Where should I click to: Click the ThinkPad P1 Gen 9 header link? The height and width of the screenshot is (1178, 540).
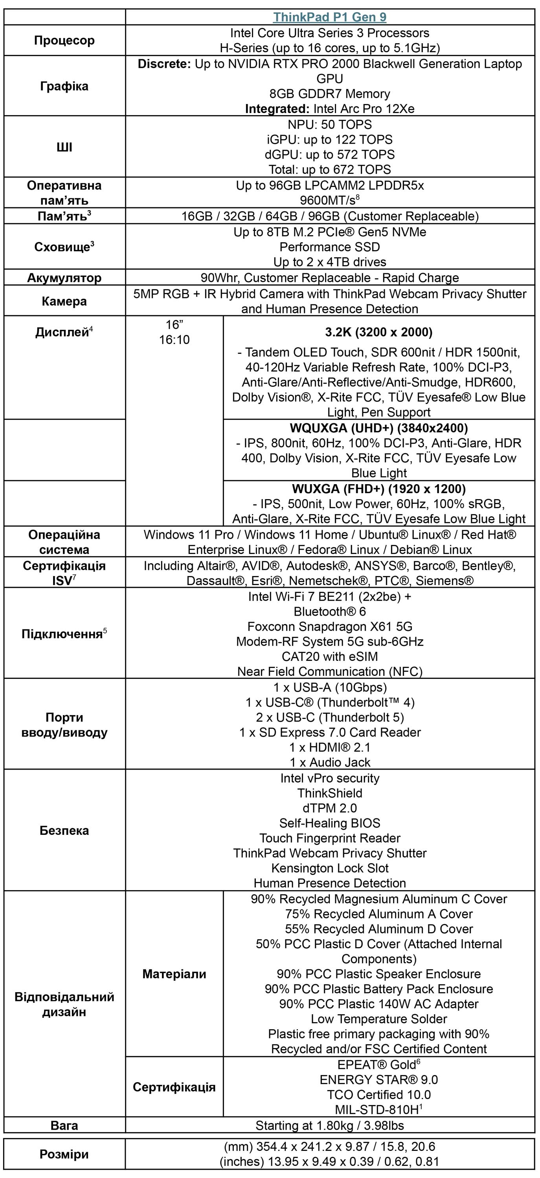pyautogui.click(x=329, y=17)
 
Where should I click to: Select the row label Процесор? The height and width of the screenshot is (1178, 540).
pyautogui.click(x=64, y=40)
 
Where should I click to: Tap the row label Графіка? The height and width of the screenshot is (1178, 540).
pyautogui.click(x=64, y=86)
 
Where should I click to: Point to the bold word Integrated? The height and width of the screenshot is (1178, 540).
pyautogui.click(x=277, y=108)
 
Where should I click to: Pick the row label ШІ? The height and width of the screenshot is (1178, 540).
pyautogui.click(x=64, y=147)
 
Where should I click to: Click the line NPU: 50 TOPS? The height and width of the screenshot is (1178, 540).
pyautogui.click(x=329, y=124)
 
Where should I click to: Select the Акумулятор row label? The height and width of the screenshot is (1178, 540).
pyautogui.click(x=64, y=278)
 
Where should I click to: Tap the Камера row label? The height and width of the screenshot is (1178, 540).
pyautogui.click(x=64, y=301)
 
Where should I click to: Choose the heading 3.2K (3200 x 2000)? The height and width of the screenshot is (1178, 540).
pyautogui.click(x=378, y=332)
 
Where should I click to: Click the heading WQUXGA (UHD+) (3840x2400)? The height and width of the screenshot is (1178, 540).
pyautogui.click(x=378, y=428)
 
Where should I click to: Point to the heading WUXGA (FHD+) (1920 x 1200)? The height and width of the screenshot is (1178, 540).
pyautogui.click(x=378, y=489)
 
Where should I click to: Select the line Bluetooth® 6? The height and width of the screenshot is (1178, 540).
pyautogui.click(x=329, y=611)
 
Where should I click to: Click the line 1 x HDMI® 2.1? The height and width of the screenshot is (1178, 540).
pyautogui.click(x=329, y=747)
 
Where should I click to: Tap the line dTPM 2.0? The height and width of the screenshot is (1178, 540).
pyautogui.click(x=329, y=808)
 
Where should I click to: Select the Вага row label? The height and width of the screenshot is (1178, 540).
pyautogui.click(x=64, y=1125)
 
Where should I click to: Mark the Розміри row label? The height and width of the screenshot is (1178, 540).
pyautogui.click(x=64, y=1154)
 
